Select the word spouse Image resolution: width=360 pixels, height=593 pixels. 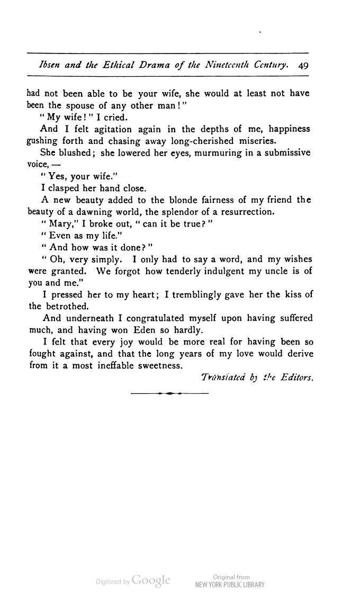88,105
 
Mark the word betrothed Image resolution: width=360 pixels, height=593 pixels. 61,307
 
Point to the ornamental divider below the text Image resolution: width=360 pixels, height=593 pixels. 169,394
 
